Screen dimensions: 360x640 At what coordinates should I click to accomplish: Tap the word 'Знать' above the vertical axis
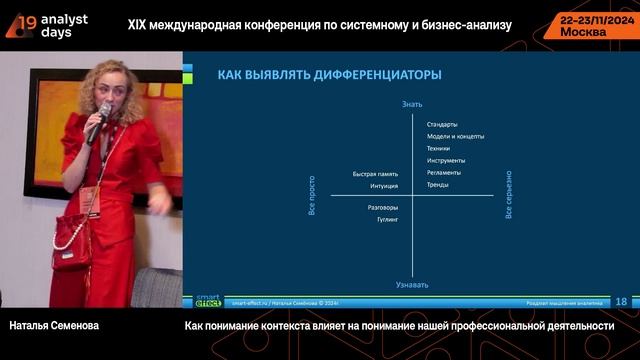[x=412, y=104]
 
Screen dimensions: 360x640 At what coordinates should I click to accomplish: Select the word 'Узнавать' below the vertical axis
[x=412, y=284]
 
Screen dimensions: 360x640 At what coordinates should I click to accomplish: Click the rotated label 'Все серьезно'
[x=509, y=194]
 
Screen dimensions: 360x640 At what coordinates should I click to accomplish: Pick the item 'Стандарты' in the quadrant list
[x=442, y=124]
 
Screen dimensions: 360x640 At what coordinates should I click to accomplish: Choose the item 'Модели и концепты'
[x=455, y=136]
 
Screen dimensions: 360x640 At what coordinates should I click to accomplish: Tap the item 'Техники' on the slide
[x=438, y=148]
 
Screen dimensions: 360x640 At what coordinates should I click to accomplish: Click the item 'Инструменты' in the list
[x=445, y=160]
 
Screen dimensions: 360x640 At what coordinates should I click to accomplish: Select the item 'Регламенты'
[x=444, y=172]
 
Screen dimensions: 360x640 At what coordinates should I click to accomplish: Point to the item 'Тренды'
[x=437, y=184]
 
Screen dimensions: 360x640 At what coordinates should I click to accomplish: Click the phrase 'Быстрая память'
[x=375, y=174]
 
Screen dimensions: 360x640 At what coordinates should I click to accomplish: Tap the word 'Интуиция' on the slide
[x=383, y=185]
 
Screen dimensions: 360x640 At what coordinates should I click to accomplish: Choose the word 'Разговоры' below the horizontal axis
[x=383, y=206]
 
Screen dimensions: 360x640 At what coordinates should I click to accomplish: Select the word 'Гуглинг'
[x=386, y=217]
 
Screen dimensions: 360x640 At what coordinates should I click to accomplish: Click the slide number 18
[x=621, y=301]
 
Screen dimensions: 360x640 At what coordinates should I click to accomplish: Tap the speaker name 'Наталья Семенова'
[x=54, y=326]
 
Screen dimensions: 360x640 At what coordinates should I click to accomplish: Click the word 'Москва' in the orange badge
[x=584, y=31]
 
